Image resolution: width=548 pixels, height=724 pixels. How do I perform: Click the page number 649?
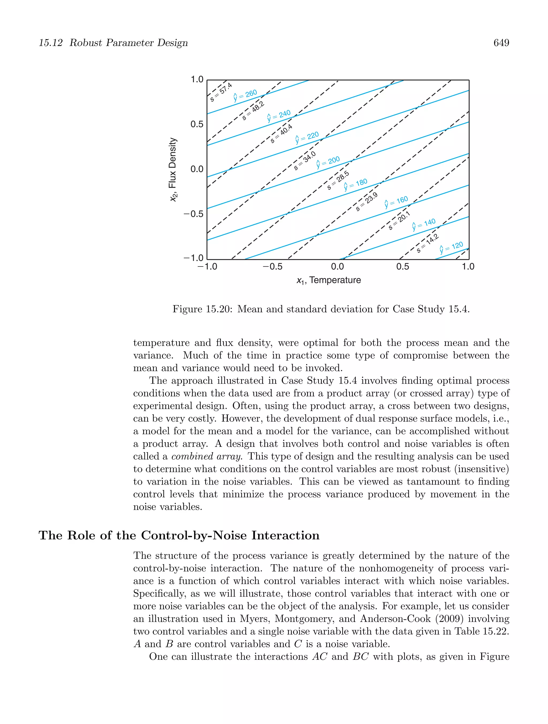point(501,43)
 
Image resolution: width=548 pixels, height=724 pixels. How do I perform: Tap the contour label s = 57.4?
point(221,92)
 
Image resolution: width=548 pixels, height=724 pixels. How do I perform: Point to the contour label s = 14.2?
point(428,243)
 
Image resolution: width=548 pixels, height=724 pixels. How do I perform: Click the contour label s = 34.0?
point(305,161)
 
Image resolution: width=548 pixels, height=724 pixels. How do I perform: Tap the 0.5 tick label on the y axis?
point(197,124)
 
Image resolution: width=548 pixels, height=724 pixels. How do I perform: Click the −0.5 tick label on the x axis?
point(272,267)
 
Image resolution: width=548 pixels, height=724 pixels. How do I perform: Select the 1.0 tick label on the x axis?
point(468,267)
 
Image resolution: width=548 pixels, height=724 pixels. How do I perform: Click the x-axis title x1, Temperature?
point(328,280)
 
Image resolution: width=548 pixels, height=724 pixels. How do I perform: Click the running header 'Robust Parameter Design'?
point(129,43)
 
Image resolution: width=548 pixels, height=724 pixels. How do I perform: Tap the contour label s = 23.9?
point(367,202)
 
